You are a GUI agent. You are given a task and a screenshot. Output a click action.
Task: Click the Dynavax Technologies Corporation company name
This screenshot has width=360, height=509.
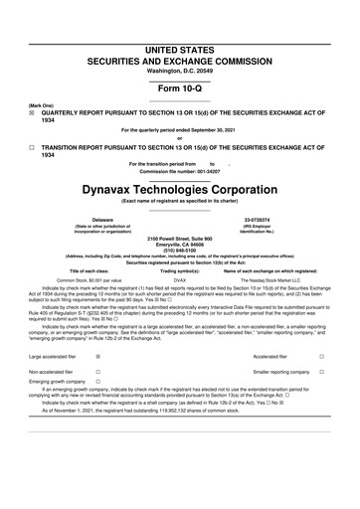tap(179, 187)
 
